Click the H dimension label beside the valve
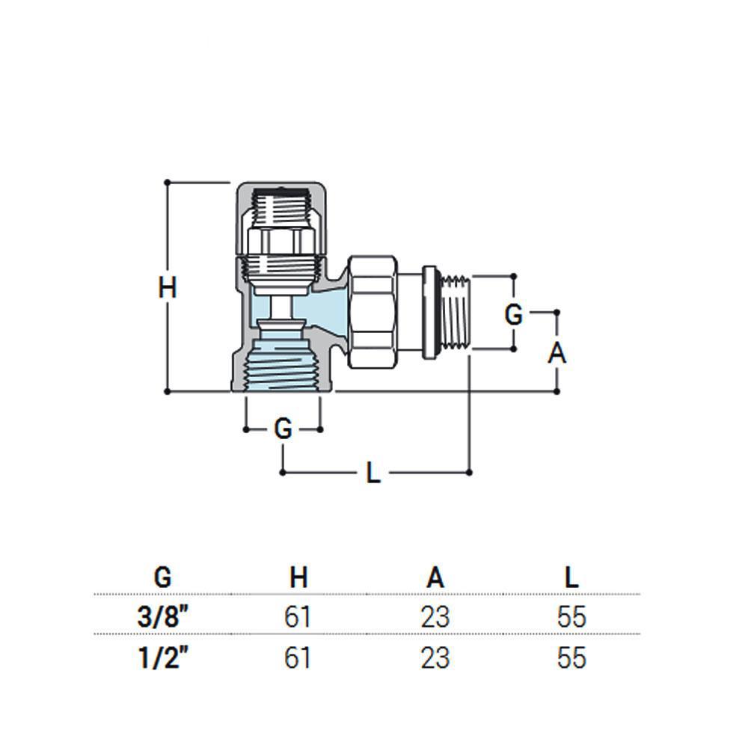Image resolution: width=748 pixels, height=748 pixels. (168, 288)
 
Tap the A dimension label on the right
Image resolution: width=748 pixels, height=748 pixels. (557, 354)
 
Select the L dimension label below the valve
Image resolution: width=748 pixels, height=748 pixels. (373, 473)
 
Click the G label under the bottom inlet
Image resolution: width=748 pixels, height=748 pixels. (283, 429)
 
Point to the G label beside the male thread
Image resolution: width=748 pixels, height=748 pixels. (514, 315)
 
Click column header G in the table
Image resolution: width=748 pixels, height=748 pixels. (162, 577)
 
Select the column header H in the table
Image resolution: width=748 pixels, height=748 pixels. (298, 577)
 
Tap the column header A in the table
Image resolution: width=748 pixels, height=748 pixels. (435, 577)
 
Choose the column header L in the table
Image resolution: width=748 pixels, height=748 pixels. (571, 577)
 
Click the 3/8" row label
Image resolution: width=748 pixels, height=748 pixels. (162, 616)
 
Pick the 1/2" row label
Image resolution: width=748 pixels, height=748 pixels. (162, 657)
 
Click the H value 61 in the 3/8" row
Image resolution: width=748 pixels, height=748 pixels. (298, 616)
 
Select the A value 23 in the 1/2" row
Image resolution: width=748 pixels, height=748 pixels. (435, 657)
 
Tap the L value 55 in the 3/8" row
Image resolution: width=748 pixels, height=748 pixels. (571, 616)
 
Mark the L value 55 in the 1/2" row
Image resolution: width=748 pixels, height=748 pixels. (571, 657)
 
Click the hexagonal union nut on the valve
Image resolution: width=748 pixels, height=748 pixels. (373, 312)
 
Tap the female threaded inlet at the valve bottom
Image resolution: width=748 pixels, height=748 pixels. (283, 365)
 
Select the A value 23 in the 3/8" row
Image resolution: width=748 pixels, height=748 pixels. (435, 616)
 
